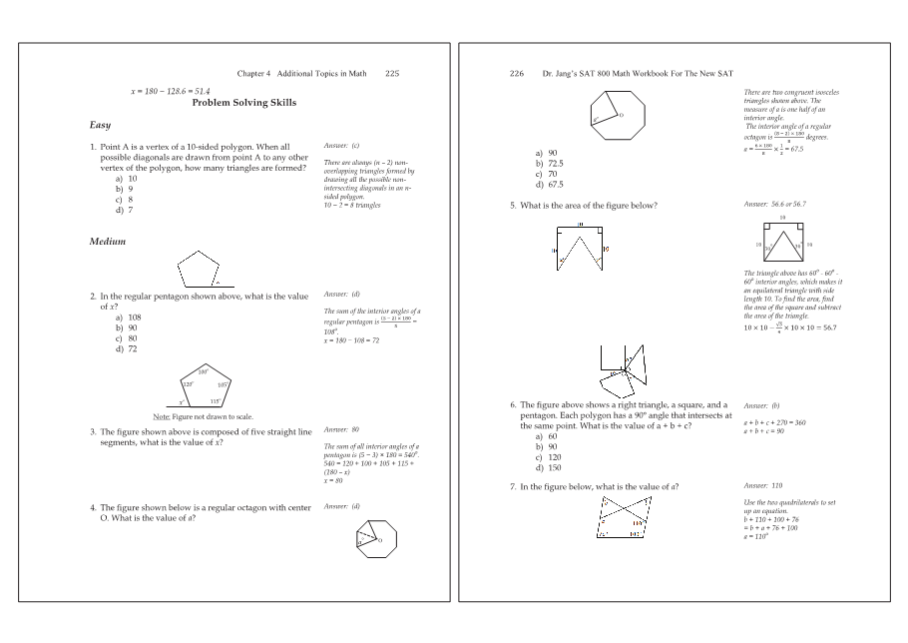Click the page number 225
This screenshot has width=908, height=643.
click(x=392, y=73)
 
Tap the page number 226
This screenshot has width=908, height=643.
click(x=516, y=73)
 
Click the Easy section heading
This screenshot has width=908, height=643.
click(x=101, y=125)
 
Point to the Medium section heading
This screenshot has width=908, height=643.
click(x=108, y=242)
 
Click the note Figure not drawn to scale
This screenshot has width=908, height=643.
click(x=203, y=416)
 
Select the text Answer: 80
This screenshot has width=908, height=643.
click(x=341, y=428)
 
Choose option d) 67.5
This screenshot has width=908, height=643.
click(x=549, y=185)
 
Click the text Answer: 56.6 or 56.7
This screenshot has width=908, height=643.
click(x=774, y=204)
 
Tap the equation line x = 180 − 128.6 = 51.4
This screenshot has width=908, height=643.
click(x=171, y=91)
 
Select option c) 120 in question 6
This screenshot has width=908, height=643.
click(x=548, y=456)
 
